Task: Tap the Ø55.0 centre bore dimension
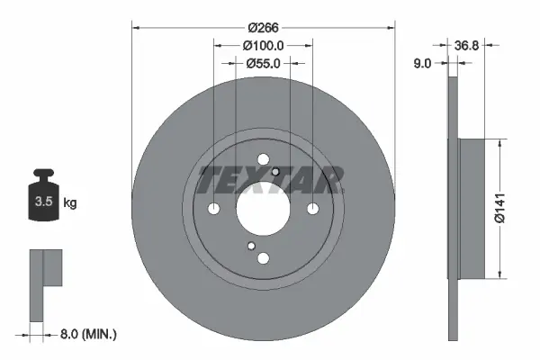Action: point(263,64)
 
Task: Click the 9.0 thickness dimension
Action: point(423,64)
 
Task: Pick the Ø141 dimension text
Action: point(512,209)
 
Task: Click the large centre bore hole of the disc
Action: point(263,209)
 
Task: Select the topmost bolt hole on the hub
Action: point(263,160)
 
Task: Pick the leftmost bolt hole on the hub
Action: point(214,209)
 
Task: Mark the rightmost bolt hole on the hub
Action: point(312,209)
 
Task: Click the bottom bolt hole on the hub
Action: point(263,258)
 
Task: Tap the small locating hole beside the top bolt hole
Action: point(275,173)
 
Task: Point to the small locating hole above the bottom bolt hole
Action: point(251,246)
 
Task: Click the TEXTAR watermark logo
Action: point(269,180)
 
